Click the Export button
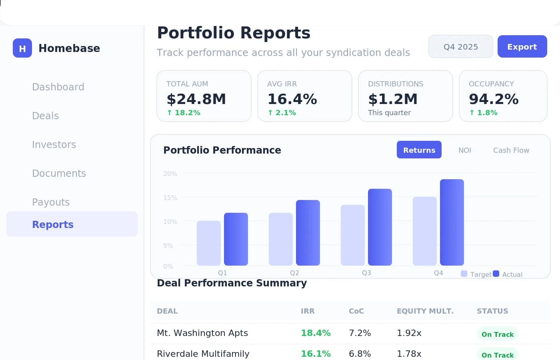[522, 46]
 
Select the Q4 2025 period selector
[460, 46]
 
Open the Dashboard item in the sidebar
[58, 87]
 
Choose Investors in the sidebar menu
[54, 144]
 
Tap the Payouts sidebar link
[51, 202]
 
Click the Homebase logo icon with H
[22, 48]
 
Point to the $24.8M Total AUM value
[196, 99]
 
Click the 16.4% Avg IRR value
[292, 99]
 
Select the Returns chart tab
[419, 150]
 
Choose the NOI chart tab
[464, 150]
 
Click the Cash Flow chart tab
[511, 150]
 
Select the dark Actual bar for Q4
[452, 222]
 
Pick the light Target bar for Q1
[208, 243]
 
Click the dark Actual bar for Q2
[308, 233]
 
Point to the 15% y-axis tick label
[170, 198]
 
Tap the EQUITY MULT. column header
[425, 311]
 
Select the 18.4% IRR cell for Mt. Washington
[316, 333]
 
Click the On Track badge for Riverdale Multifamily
[497, 354]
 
